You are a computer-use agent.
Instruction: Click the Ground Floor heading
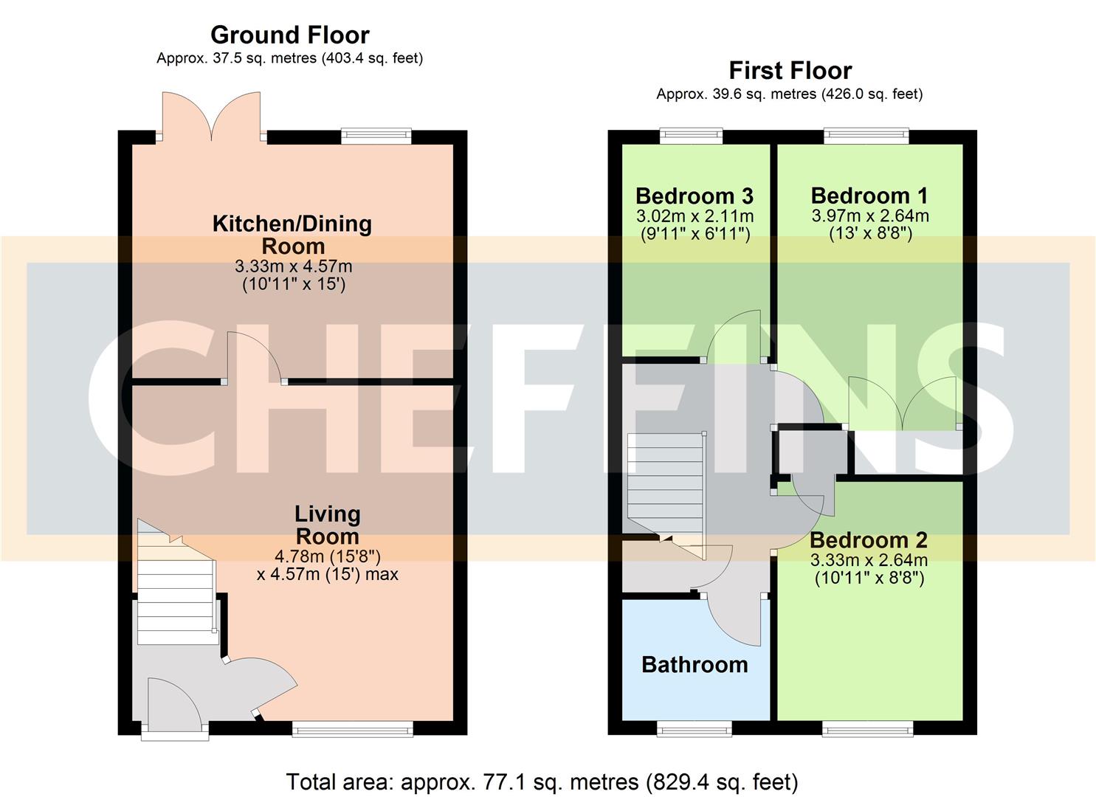(289, 35)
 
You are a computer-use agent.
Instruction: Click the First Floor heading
(790, 71)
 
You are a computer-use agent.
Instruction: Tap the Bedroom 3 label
(694, 196)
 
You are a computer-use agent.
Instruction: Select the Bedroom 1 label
(869, 196)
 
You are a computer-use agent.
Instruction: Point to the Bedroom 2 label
(869, 541)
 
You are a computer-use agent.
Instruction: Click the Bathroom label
(695, 665)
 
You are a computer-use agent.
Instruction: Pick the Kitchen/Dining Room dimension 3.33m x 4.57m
(293, 266)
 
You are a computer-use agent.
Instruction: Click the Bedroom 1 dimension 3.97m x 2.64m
(869, 216)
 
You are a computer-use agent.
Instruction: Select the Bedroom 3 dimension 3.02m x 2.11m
(694, 216)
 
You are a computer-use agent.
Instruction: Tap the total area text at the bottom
(542, 782)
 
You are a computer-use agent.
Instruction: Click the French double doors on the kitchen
(212, 117)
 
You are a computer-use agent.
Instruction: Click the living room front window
(352, 730)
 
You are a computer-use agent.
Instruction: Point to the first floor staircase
(664, 483)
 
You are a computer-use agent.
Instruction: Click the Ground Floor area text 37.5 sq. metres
(289, 58)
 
